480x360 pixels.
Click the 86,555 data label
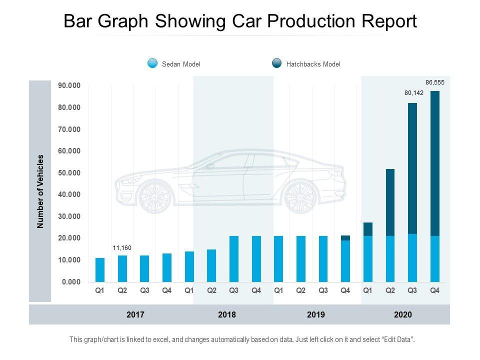(x=434, y=82)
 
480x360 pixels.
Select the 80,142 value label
(x=414, y=93)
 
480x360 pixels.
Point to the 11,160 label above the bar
(x=121, y=247)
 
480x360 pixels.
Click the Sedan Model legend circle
(x=152, y=63)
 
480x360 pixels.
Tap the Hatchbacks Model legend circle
(x=276, y=63)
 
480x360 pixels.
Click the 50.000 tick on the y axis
(x=69, y=173)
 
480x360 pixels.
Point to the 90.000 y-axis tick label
(x=69, y=86)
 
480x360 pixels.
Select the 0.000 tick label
(x=71, y=282)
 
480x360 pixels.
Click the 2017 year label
(x=135, y=315)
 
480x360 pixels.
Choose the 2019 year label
(x=316, y=315)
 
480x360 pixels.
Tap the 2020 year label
(x=403, y=315)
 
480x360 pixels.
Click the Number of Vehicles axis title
(x=41, y=191)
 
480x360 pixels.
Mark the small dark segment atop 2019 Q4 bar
(x=345, y=238)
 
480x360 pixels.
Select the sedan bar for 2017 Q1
(x=100, y=270)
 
